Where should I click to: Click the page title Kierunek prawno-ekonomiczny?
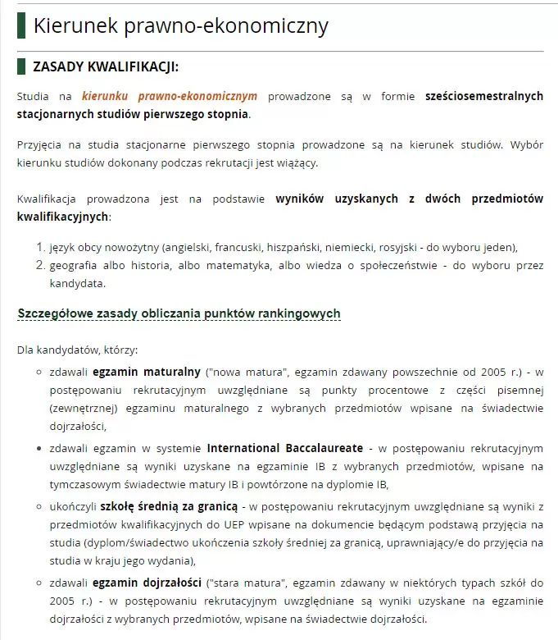pos(180,25)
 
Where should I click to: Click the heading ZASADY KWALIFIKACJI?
pos(105,66)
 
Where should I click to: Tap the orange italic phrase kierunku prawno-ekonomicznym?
pos(169,96)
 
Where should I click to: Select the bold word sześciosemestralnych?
pos(483,96)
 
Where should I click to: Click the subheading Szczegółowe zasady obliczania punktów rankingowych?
pos(179,313)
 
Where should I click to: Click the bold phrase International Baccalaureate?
pos(284,449)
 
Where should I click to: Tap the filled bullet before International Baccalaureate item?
pos(39,450)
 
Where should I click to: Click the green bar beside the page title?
pos(21,25)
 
